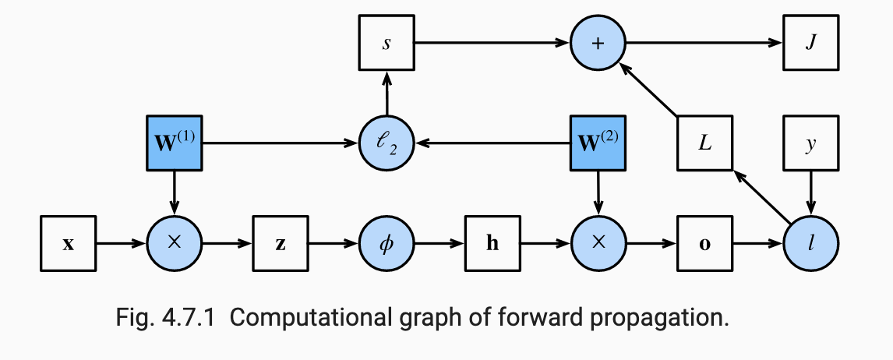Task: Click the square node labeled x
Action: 68,244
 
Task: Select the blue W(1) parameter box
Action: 175,143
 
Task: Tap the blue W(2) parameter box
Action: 598,143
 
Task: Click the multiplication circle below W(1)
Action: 175,244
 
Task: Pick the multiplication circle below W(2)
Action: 598,244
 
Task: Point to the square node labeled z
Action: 281,244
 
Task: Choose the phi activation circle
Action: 386,244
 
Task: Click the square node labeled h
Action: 492,244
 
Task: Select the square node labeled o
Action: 704,244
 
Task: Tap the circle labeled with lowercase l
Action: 811,244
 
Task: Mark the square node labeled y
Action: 811,143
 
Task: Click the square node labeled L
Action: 704,143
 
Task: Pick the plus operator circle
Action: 598,43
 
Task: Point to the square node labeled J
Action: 811,43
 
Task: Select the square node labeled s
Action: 386,43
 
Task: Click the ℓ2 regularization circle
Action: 386,143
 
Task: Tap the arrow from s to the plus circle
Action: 492,43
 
